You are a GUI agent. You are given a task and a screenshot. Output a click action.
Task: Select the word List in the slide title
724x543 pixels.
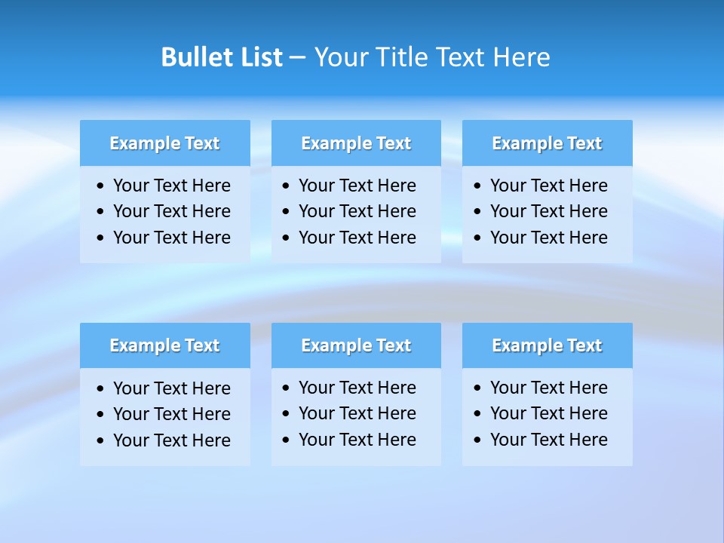(x=258, y=57)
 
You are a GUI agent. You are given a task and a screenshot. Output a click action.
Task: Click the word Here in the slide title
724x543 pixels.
(x=521, y=57)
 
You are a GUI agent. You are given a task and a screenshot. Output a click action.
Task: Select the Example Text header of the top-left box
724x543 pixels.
(x=164, y=143)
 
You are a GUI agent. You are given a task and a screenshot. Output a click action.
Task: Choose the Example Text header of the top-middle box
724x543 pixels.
(x=356, y=143)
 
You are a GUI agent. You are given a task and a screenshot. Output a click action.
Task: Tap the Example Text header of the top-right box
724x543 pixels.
(x=547, y=143)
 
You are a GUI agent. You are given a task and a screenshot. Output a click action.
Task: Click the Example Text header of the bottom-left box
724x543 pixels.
(x=164, y=345)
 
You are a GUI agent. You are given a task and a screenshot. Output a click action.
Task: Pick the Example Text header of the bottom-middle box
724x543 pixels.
(x=356, y=345)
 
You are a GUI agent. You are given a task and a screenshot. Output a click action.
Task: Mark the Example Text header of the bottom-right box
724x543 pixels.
(x=547, y=345)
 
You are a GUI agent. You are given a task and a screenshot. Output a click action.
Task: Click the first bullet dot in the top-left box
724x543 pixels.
(x=101, y=186)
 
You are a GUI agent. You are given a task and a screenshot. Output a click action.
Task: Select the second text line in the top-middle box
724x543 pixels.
(x=357, y=211)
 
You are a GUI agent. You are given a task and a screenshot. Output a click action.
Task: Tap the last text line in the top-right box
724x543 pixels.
(x=548, y=238)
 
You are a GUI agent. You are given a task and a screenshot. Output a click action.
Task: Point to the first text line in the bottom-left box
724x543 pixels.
(x=171, y=388)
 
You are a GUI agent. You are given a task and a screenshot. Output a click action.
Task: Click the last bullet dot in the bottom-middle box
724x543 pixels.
(x=287, y=440)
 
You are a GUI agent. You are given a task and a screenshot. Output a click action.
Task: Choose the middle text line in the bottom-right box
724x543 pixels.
(x=548, y=413)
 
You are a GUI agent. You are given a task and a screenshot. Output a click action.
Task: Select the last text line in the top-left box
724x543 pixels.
(x=171, y=238)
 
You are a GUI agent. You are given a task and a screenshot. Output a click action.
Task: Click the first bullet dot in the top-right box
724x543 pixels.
(x=478, y=186)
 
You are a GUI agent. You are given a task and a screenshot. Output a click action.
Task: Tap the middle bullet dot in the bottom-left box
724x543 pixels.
(x=101, y=415)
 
